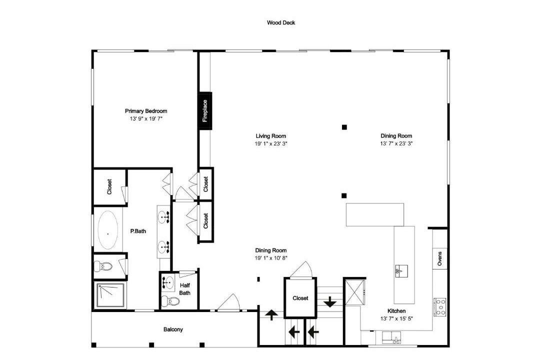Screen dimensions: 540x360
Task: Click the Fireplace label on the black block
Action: coord(205,111)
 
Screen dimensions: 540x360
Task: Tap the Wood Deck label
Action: coord(281,22)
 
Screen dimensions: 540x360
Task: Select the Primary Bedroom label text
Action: coord(146,111)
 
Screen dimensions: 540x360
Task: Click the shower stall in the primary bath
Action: coord(110,295)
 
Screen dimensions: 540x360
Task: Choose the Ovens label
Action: coord(439,258)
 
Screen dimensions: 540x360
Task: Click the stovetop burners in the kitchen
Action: coord(440,307)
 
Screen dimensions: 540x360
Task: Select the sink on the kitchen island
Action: coord(401,270)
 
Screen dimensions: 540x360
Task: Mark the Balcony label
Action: coord(173,329)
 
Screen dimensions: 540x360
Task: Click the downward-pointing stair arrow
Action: coord(330,302)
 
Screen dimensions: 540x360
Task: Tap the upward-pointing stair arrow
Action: coord(271,314)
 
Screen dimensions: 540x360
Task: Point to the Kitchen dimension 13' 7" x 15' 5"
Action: coord(396,318)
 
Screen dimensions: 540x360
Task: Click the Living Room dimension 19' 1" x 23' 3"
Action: coord(271,143)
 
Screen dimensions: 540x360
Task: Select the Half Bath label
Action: coord(184,289)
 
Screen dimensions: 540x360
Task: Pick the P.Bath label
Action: coord(138,231)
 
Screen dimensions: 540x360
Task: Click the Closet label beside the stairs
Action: coord(300,298)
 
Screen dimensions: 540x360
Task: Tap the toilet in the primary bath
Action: coord(103,266)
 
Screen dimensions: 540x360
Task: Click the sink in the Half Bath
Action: coord(168,282)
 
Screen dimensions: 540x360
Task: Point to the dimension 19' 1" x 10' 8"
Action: coord(271,258)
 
